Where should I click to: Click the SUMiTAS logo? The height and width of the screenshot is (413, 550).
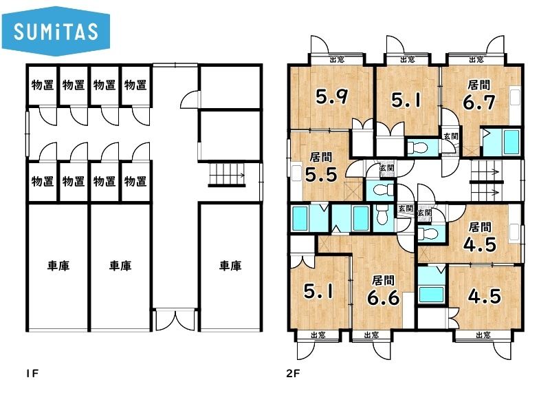point(56,31)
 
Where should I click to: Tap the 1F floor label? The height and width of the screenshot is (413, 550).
point(32,373)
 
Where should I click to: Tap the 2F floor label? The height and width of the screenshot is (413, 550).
point(294,373)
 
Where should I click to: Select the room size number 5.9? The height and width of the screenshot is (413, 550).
point(332,96)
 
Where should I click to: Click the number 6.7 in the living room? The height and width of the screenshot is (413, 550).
point(478,102)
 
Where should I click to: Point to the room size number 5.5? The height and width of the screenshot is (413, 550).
point(321,174)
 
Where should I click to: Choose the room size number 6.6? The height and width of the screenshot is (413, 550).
point(383,298)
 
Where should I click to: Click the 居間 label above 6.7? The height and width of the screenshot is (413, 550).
point(478,85)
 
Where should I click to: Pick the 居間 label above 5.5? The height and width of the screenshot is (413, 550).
point(321,157)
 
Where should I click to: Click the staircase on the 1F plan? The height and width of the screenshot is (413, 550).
point(228,175)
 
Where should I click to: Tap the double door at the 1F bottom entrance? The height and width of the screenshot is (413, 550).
point(175,319)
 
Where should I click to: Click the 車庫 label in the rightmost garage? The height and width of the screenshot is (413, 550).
point(230,266)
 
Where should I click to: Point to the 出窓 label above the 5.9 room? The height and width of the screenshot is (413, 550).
point(337,59)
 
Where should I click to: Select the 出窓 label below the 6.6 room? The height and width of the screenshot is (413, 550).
point(371,335)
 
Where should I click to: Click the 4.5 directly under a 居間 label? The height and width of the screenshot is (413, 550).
point(480,244)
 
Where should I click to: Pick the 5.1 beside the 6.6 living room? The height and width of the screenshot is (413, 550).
point(319,291)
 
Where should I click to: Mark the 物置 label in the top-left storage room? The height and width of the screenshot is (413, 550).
point(43,85)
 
